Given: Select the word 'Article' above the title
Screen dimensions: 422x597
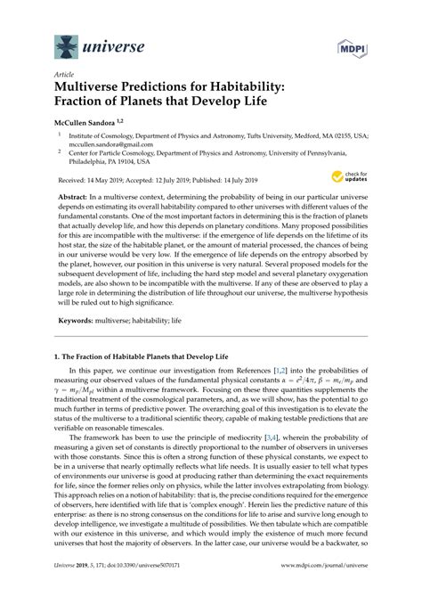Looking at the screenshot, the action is click(x=63, y=76).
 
